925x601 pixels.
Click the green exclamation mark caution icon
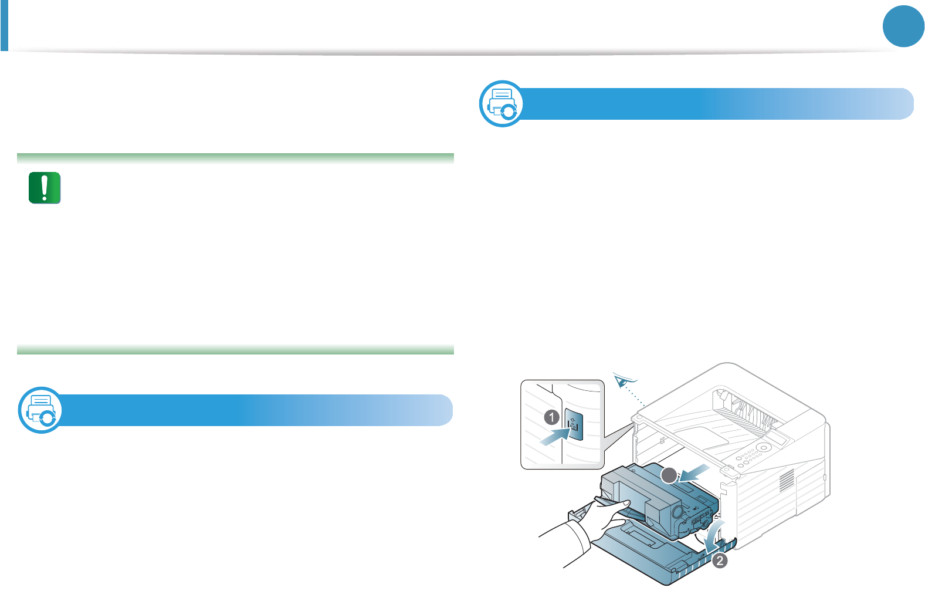pos(45,188)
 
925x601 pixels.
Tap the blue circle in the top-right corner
pos(903,26)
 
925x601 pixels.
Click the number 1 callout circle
pos(551,417)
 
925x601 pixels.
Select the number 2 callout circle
pos(720,561)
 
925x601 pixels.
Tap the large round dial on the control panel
pos(764,447)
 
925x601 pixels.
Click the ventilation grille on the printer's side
pos(787,481)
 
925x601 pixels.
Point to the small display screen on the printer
pos(777,437)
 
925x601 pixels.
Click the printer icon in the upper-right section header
pos(502,104)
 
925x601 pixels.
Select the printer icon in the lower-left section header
pos(40,410)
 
